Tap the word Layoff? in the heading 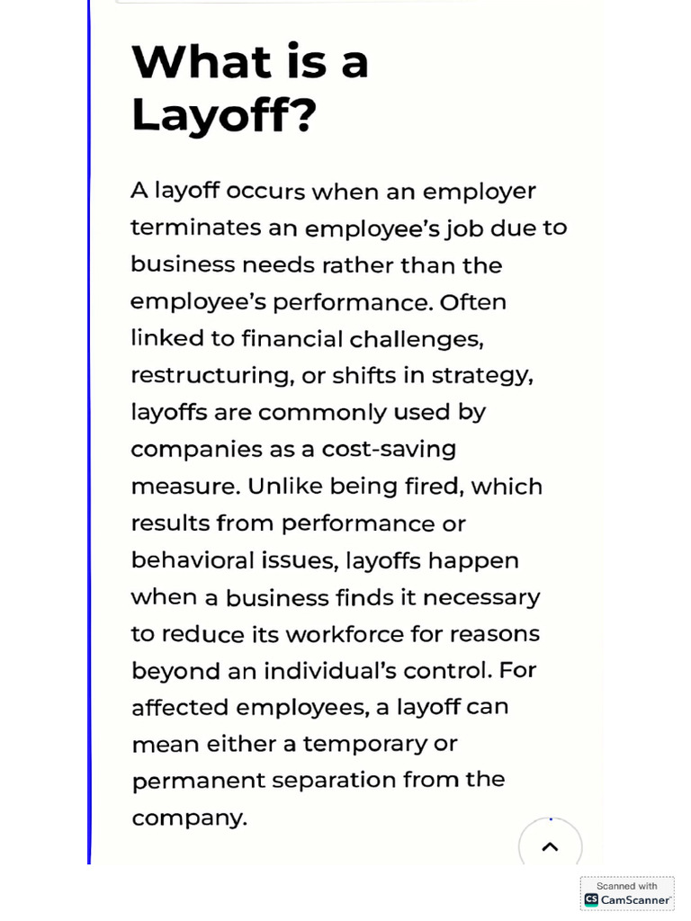[x=224, y=115]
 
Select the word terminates [x=196, y=228]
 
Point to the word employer [x=479, y=192]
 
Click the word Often [x=472, y=302]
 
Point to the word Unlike [x=284, y=487]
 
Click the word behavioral [x=192, y=560]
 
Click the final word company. [x=189, y=818]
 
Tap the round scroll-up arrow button [x=550, y=846]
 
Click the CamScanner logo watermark [x=627, y=894]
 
